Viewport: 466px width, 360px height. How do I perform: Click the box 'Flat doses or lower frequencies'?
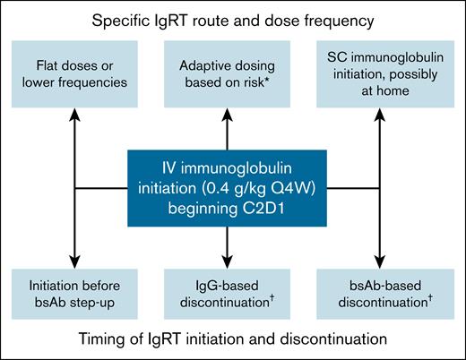pyautogui.click(x=80, y=74)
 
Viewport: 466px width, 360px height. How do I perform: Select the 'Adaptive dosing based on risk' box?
pyautogui.click(x=232, y=74)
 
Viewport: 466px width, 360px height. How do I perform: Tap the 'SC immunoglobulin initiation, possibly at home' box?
pyautogui.click(x=384, y=74)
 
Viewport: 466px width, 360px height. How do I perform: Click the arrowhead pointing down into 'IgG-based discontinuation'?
pyautogui.click(x=232, y=260)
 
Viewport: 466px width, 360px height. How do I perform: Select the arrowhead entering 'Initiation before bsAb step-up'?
pyautogui.click(x=80, y=260)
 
